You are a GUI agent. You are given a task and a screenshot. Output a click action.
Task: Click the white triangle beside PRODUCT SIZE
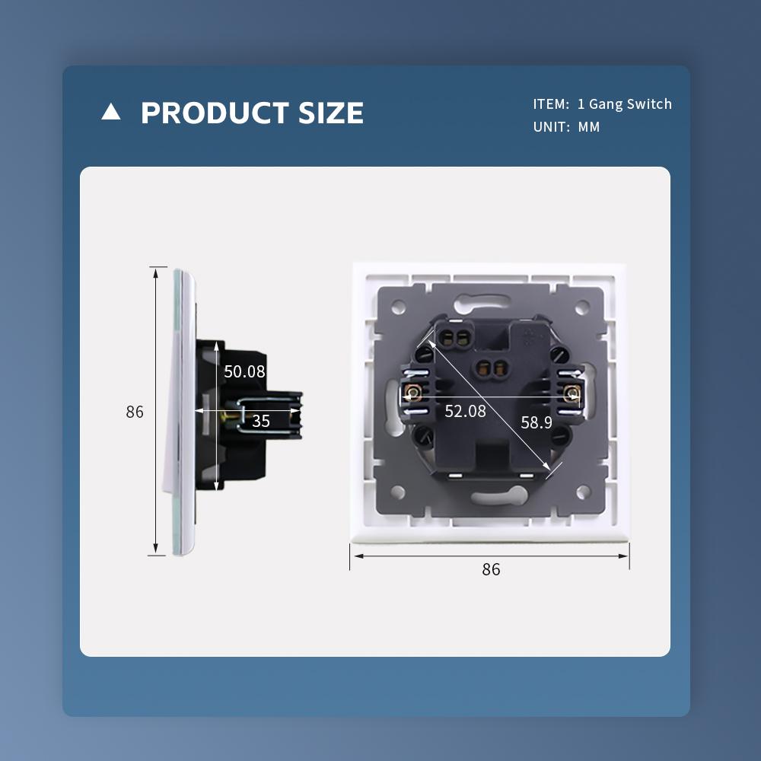coord(110,112)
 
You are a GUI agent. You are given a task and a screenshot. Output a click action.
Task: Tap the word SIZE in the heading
coord(330,113)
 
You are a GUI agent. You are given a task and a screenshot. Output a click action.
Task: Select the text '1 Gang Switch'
coord(625,103)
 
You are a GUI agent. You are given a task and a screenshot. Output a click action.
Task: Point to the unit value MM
coord(589,126)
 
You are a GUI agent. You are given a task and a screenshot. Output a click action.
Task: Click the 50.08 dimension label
coord(244,371)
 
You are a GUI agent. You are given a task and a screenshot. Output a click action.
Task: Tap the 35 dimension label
coord(260,421)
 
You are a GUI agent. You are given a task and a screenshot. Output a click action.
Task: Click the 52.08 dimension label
coord(465,411)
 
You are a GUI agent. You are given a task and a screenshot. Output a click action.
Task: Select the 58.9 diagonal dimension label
coord(537,422)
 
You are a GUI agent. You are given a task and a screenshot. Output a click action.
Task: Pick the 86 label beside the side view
coord(135,412)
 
